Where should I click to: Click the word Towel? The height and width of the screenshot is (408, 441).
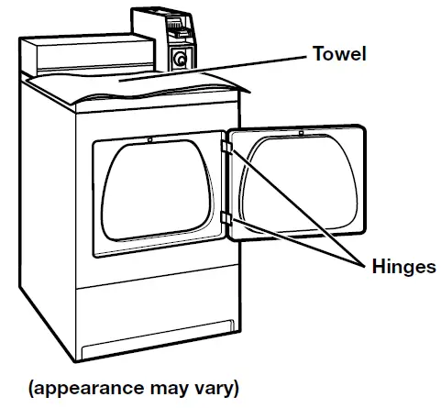tap(338, 54)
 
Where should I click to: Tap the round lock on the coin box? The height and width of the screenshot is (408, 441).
tap(181, 59)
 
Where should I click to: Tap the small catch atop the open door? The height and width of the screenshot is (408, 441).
tap(300, 134)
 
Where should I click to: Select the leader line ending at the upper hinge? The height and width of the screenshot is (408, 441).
tap(293, 206)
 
